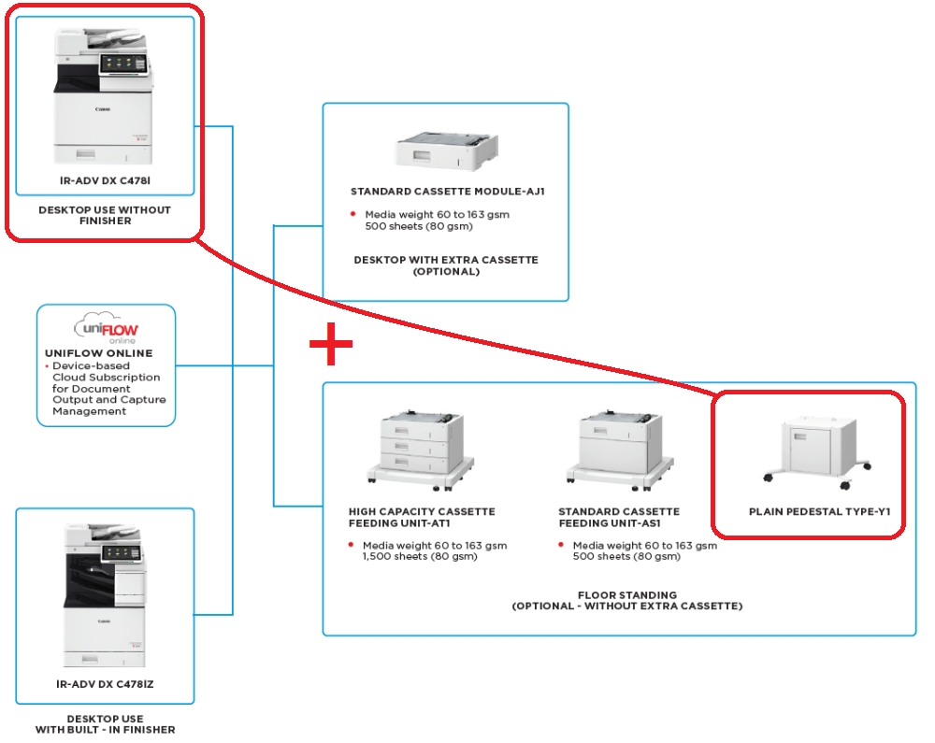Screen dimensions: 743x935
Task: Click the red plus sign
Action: (x=331, y=346)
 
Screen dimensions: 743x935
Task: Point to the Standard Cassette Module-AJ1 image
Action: (x=445, y=150)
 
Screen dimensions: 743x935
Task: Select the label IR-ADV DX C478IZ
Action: (x=105, y=684)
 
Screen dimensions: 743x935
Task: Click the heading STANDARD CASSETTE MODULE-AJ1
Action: (x=447, y=192)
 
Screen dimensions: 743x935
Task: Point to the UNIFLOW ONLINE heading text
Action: (x=99, y=353)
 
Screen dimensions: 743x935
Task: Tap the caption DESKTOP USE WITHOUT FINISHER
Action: (x=105, y=216)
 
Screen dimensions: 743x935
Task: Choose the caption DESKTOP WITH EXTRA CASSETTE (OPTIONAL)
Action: (x=446, y=265)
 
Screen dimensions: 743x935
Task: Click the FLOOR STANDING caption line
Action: (x=626, y=594)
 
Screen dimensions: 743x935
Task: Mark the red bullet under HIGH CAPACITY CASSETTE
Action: (x=352, y=546)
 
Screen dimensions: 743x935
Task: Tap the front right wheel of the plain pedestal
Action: (x=844, y=486)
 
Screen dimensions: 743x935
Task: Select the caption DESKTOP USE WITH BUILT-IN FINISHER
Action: (x=105, y=724)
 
